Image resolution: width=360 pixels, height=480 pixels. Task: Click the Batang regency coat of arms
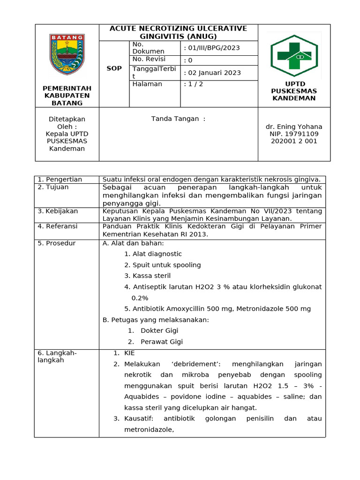[x=67, y=54]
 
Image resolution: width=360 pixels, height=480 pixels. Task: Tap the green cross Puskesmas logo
[x=294, y=56]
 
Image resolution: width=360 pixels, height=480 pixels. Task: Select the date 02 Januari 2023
[x=212, y=73]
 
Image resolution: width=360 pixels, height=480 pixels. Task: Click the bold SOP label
[x=114, y=68]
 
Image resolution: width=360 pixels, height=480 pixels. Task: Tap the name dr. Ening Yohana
[x=294, y=127]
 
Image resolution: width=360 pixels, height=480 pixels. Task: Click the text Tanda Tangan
[x=178, y=119]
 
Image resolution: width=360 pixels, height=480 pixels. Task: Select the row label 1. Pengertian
[x=60, y=180]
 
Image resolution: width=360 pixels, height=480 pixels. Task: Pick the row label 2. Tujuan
[x=53, y=187]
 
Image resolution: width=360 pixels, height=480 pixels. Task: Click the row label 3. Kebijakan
[x=58, y=211]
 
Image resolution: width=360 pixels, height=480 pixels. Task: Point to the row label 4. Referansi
[x=58, y=226]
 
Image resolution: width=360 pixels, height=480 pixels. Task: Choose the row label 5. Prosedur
[x=57, y=243]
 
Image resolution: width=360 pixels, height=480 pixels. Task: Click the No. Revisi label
[x=149, y=59]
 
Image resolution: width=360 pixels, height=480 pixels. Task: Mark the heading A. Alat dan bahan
[x=133, y=243]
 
